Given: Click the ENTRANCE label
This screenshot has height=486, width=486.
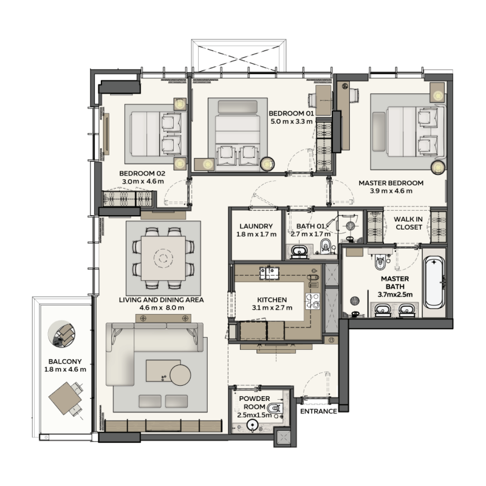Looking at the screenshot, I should coord(318,411).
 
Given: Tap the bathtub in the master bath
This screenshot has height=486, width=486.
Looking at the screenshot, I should coord(434,282).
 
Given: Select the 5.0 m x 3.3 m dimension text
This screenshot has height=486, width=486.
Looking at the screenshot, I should coord(291,122).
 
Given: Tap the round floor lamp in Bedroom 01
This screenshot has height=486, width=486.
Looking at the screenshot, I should coord(267,163).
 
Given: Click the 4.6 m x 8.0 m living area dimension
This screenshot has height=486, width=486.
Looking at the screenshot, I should coord(162,308).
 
